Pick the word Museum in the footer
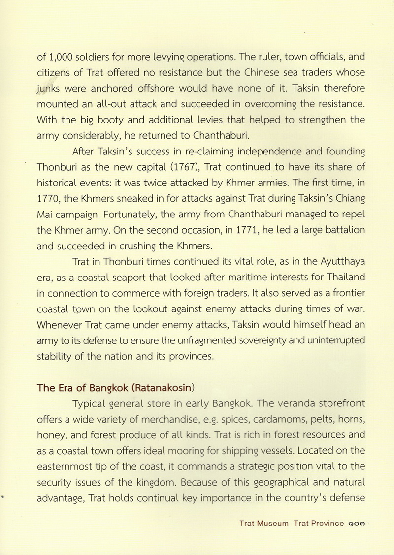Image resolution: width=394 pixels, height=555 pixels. pos(272,523)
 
